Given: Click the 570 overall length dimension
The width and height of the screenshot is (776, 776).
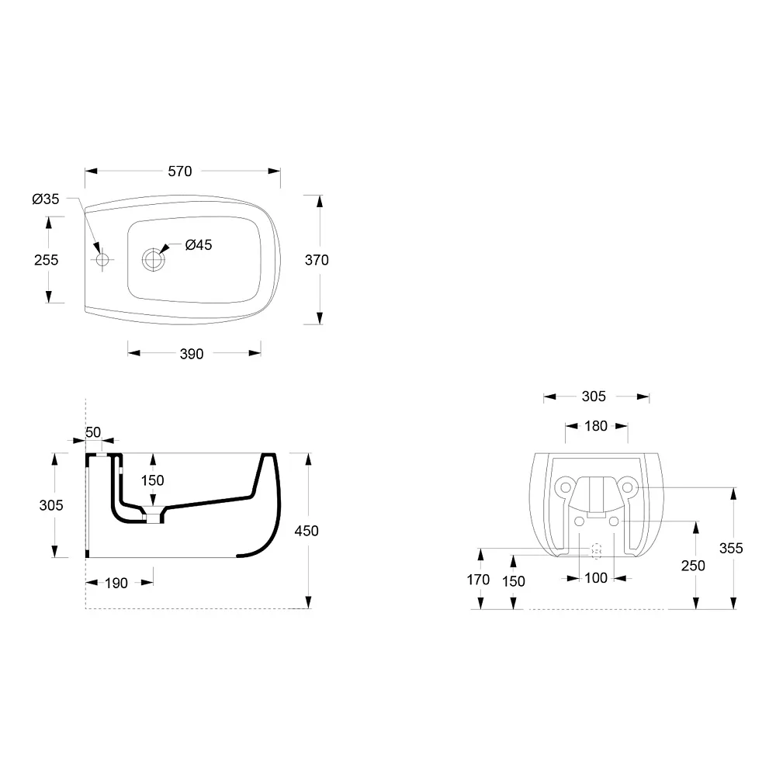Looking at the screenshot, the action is tap(180, 171).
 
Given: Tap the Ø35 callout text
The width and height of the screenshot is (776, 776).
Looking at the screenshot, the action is tap(46, 199).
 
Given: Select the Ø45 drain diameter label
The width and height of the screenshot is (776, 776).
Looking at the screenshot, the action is tap(199, 245).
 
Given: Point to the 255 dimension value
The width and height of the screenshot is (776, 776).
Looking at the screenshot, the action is tap(46, 260).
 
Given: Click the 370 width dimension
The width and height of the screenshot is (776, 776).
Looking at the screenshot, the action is tap(317, 260).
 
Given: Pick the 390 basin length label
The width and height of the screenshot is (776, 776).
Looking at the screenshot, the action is tap(192, 354).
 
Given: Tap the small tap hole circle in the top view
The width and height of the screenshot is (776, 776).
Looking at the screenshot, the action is tap(102, 259).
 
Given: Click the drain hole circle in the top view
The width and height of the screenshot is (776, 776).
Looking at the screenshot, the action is tap(154, 259).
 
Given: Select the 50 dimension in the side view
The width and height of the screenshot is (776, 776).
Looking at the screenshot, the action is tap(93, 432).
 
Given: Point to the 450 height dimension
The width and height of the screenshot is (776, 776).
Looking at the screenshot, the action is tap(307, 531).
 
